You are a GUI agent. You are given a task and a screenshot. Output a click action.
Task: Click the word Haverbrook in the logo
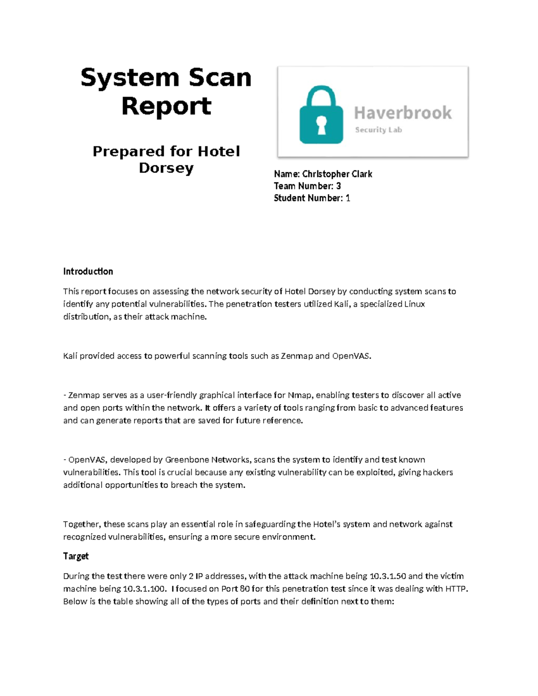coord(403,112)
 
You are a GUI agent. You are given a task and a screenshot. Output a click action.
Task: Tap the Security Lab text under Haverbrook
coord(378,130)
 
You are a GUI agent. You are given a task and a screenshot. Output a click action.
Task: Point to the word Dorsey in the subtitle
coord(166,168)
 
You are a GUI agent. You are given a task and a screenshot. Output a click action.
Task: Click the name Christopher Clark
coord(337,174)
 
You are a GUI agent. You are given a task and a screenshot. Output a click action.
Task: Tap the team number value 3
coord(338,186)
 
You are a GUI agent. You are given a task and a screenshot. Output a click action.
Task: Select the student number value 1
coord(348,198)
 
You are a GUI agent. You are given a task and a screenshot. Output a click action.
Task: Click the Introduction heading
coord(88,271)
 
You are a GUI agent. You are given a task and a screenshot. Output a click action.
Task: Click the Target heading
coord(76,556)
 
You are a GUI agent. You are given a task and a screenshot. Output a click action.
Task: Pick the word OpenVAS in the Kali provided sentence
coord(351,356)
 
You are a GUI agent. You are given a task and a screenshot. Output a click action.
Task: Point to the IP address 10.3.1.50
coord(388,576)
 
